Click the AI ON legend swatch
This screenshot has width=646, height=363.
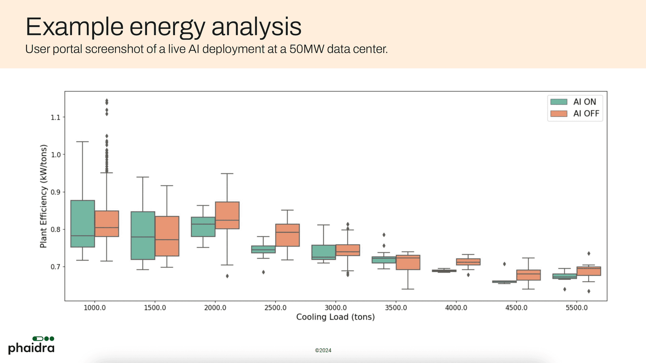pyautogui.click(x=559, y=102)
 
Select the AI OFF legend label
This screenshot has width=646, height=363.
pyautogui.click(x=586, y=114)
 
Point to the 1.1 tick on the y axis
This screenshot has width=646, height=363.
pyautogui.click(x=56, y=117)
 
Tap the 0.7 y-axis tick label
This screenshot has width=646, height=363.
pyautogui.click(x=56, y=267)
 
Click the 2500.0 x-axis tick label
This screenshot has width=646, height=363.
pyautogui.click(x=275, y=308)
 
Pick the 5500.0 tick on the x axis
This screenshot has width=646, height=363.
pyautogui.click(x=576, y=308)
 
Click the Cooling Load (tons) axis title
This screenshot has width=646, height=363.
pyautogui.click(x=335, y=317)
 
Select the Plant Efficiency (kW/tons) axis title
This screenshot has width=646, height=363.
pyautogui.click(x=43, y=196)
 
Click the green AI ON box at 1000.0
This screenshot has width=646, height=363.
pyautogui.click(x=83, y=224)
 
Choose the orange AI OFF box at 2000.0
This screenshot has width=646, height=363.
pyautogui.click(x=227, y=215)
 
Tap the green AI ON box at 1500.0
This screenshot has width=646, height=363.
pyautogui.click(x=143, y=235)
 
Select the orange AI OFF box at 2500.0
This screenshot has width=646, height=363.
pyautogui.click(x=287, y=235)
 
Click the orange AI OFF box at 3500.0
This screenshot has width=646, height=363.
pyautogui.click(x=408, y=262)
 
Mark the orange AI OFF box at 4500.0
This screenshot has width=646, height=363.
pyautogui.click(x=528, y=275)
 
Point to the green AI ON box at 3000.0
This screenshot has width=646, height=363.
pyautogui.click(x=323, y=252)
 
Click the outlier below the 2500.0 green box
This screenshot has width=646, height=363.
pyautogui.click(x=263, y=272)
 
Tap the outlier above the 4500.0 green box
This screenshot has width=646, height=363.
pyautogui.click(x=504, y=264)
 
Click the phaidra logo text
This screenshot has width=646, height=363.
pyautogui.click(x=31, y=348)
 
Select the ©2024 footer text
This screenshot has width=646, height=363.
pyautogui.click(x=323, y=350)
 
